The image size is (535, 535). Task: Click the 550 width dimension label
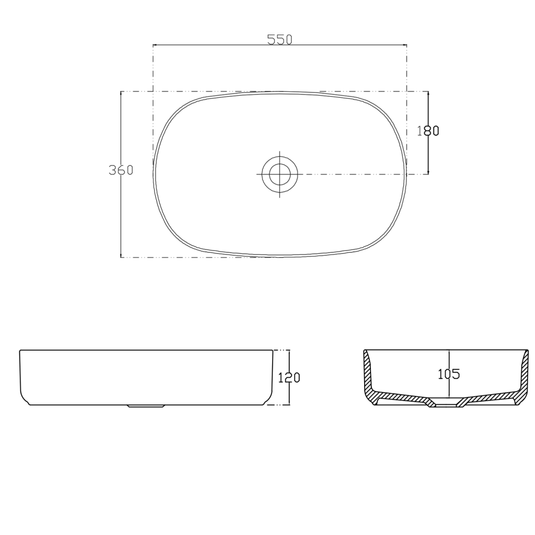[279, 40]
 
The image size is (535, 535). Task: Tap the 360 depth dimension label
[121, 170]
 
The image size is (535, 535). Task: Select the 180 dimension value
[428, 131]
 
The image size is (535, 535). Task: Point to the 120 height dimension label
[289, 377]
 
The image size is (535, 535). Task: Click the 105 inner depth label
[448, 374]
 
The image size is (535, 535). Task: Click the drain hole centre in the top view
[280, 173]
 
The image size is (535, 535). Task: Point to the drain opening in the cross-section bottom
[445, 404]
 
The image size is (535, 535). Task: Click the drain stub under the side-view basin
[146, 405]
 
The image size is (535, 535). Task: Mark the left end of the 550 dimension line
[153, 45]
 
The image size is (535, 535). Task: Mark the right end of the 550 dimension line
[406, 45]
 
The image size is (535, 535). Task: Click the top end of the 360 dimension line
[121, 91]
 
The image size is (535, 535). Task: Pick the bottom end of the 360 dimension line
[121, 257]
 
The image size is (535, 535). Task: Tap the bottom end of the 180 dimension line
[428, 173]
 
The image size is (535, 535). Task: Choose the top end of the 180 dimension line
[428, 91]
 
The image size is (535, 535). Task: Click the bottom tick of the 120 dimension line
[289, 405]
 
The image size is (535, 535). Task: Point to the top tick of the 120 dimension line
[289, 350]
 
